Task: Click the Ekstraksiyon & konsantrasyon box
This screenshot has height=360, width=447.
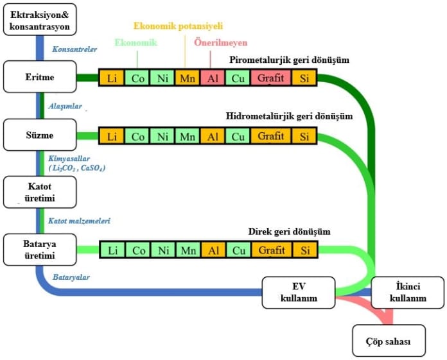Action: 40,19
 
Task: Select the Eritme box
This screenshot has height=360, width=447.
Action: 40,78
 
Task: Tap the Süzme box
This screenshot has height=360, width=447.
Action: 40,135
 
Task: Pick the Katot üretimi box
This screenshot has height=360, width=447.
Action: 40,192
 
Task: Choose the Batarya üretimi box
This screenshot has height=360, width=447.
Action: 40,250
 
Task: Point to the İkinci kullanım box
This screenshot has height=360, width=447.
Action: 408,293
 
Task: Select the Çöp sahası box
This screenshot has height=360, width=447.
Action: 389,340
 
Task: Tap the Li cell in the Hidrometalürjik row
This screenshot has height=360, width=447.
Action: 112,136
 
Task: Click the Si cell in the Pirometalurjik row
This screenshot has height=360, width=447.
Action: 304,78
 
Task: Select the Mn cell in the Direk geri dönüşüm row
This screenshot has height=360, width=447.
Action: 188,250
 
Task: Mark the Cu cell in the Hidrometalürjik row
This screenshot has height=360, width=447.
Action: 238,136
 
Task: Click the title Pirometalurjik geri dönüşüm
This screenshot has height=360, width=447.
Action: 290,60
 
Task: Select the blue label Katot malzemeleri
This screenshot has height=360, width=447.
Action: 79,221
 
